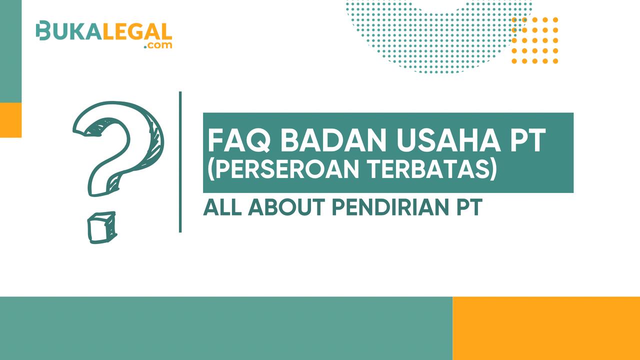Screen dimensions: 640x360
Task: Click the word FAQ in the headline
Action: (239, 140)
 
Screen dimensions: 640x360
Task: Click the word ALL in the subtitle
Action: (221, 207)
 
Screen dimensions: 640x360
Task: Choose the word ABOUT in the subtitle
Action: (287, 207)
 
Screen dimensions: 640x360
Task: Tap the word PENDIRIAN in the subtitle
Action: (391, 207)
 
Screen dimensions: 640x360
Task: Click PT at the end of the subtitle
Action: (469, 207)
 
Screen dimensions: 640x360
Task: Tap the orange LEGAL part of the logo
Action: (137, 31)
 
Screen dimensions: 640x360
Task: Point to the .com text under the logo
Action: (158, 45)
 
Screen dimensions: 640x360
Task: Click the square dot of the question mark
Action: (102, 227)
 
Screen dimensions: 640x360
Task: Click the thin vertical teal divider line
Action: (180, 162)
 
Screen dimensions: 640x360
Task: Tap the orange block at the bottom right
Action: (546, 328)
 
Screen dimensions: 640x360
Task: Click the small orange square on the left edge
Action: (10, 120)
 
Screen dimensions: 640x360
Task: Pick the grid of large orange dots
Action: (535, 40)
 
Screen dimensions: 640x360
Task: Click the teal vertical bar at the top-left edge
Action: (10, 51)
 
